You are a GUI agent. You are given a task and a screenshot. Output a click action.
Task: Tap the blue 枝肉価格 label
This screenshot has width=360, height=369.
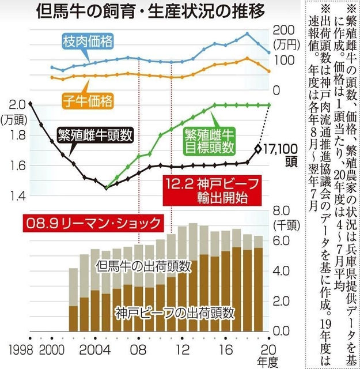[x=88, y=40]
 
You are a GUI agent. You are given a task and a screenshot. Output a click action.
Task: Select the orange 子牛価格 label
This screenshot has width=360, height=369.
[x=88, y=100]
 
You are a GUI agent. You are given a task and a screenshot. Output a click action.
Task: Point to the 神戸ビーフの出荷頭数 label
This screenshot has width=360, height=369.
[x=175, y=313]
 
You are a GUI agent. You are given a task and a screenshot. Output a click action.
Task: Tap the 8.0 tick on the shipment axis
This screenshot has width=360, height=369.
[x=281, y=211]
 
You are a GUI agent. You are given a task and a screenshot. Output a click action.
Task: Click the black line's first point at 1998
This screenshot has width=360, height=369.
[x=30, y=104]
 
